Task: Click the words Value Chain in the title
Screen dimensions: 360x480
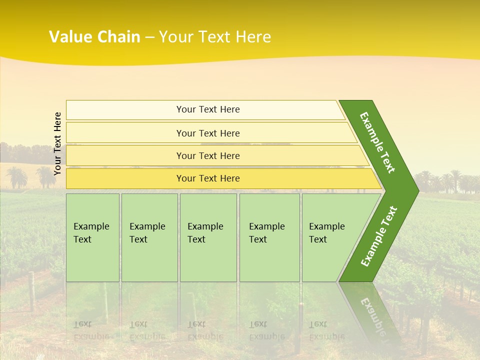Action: (94, 37)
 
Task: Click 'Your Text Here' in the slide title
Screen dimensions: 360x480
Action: (215, 37)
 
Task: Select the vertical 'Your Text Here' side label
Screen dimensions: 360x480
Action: (57, 143)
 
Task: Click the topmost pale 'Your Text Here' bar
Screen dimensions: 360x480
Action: (208, 109)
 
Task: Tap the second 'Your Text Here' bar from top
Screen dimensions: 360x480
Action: (208, 133)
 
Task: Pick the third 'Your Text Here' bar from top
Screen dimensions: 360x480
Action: (208, 155)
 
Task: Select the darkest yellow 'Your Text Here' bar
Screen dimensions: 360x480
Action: (208, 178)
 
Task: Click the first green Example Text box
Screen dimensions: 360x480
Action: (92, 237)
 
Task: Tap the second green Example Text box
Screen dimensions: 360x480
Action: (149, 237)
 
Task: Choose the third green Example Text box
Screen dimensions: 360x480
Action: (208, 237)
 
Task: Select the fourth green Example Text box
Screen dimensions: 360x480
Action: (269, 237)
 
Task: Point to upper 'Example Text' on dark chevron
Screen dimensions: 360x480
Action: (377, 142)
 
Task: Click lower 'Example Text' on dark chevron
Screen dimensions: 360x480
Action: (379, 236)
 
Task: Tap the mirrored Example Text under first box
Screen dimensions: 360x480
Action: (91, 330)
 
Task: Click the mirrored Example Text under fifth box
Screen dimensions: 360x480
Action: (327, 330)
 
